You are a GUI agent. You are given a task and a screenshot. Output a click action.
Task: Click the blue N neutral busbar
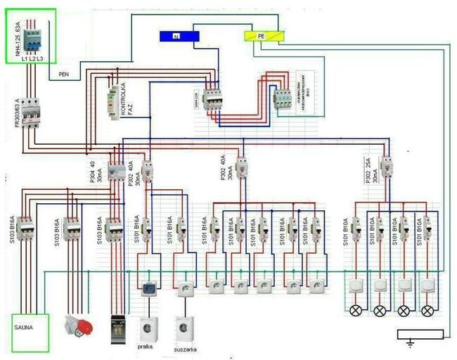172,36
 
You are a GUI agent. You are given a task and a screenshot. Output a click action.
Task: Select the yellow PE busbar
264,35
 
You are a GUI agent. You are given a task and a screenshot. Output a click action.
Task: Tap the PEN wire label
64,72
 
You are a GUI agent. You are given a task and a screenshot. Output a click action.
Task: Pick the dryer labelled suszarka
185,328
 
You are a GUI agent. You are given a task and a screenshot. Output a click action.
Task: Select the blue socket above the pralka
149,288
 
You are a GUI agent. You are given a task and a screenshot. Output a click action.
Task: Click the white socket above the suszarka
184,288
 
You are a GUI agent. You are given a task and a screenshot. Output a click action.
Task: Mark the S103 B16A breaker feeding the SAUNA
25,229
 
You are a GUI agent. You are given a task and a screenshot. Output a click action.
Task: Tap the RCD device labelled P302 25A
386,166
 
